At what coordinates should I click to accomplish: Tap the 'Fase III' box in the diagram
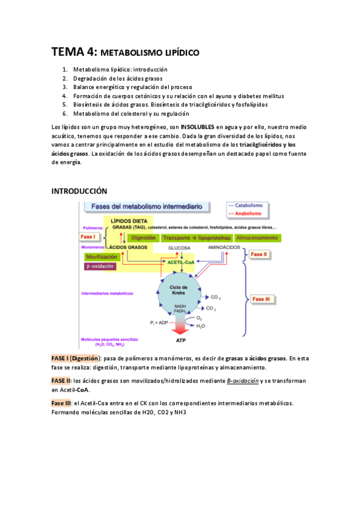pos(262,298)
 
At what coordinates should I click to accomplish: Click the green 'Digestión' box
pos(143,238)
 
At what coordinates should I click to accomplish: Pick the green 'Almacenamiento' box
pos(256,238)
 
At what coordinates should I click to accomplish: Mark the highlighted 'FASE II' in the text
pos(61,381)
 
